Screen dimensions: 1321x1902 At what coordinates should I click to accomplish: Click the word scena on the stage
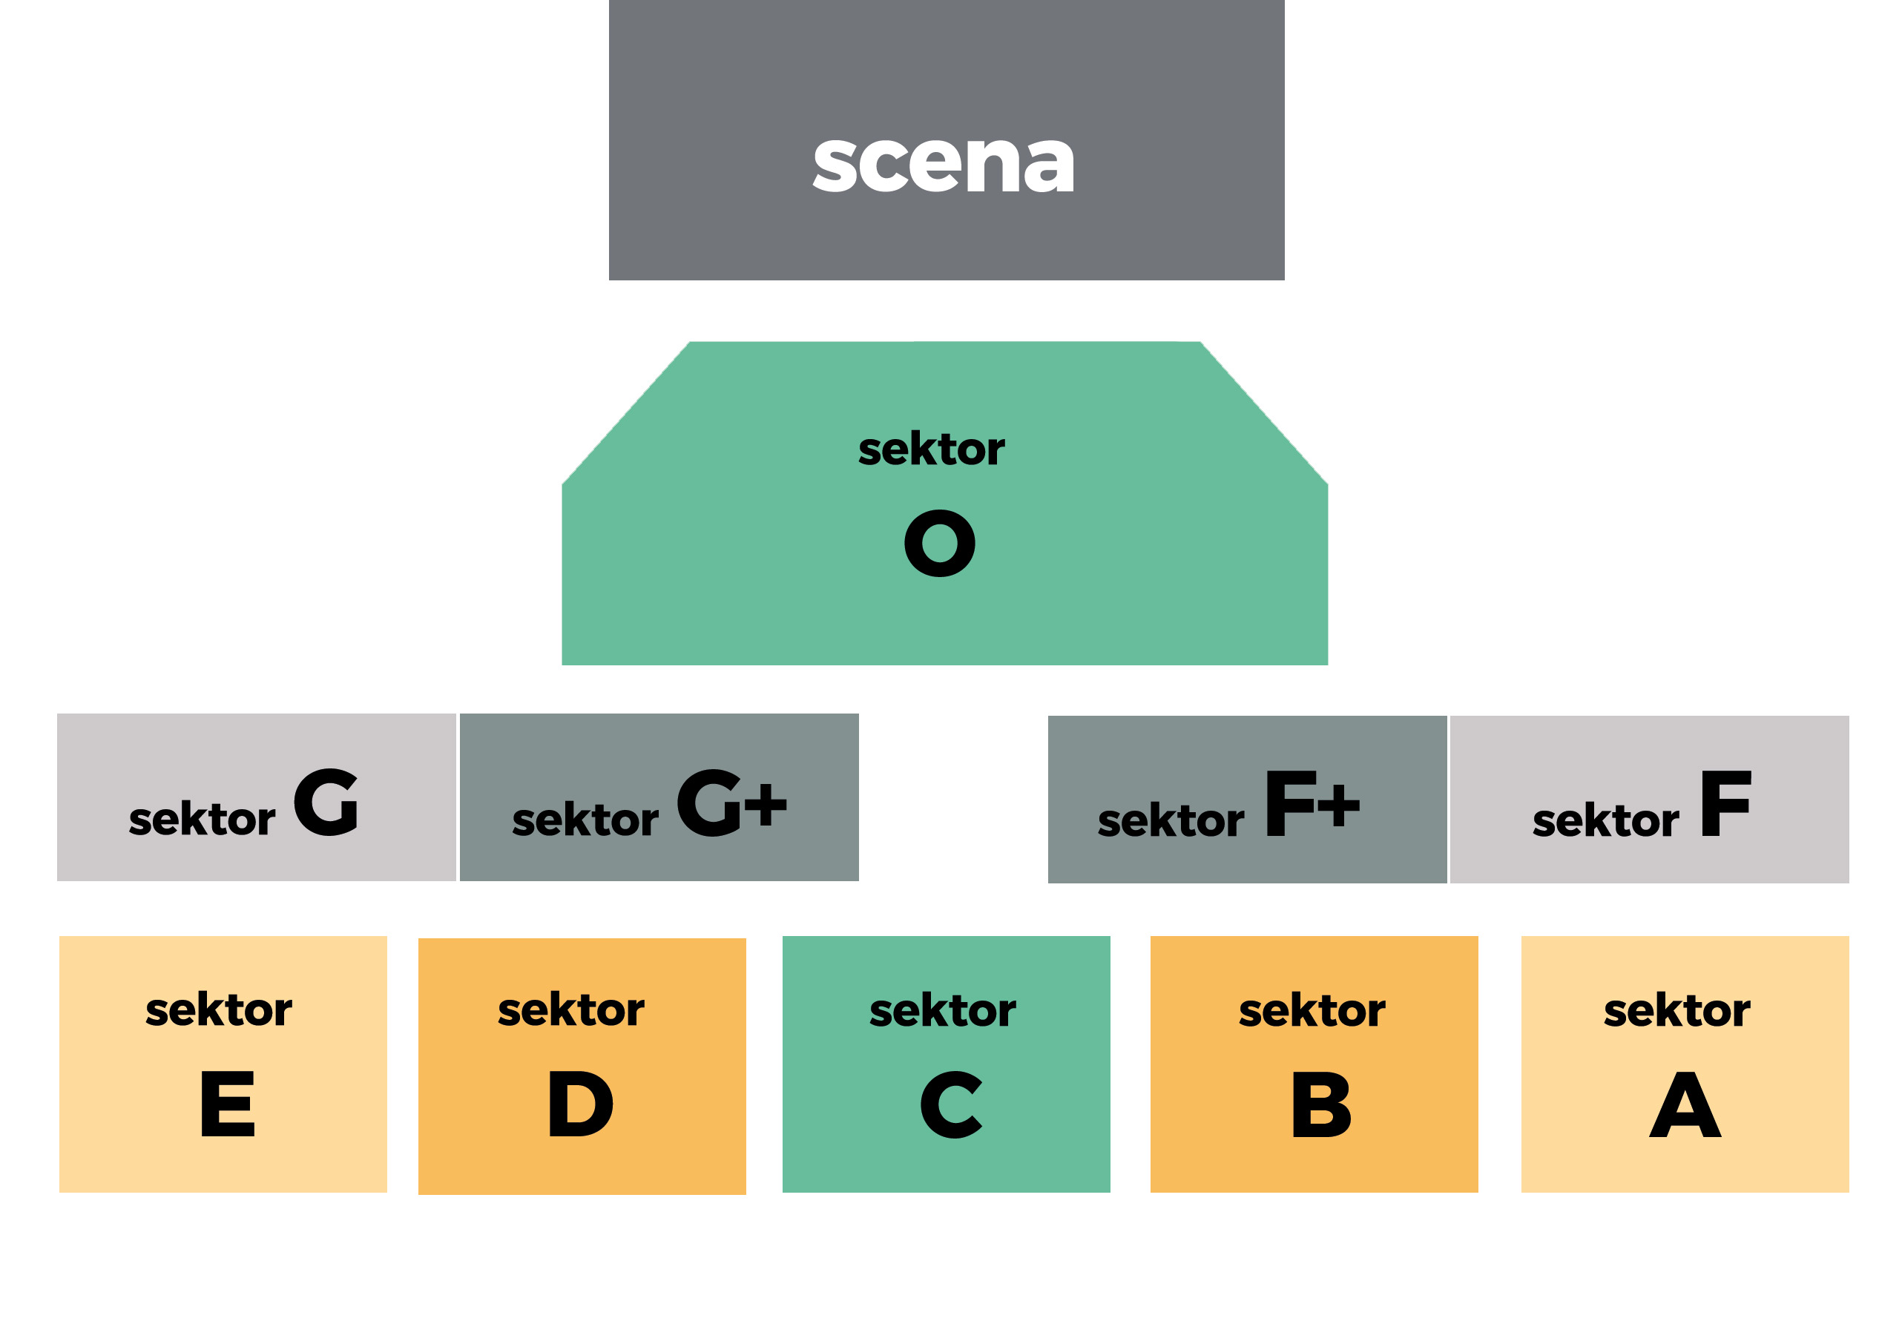tap(943, 163)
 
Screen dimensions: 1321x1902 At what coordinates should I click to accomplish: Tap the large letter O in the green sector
tap(939, 543)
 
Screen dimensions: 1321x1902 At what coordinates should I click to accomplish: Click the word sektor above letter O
tap(931, 449)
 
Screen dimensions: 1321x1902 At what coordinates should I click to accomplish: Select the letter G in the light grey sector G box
tap(326, 801)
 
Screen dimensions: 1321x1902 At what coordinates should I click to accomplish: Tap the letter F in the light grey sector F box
tap(1725, 803)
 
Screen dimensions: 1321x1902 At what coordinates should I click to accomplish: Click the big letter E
tap(228, 1104)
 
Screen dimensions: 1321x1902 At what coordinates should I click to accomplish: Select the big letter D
tap(580, 1104)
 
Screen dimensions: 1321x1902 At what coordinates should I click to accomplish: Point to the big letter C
tap(951, 1104)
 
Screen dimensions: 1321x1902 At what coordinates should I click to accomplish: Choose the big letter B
tap(1321, 1104)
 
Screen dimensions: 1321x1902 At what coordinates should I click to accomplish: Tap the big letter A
tap(1685, 1104)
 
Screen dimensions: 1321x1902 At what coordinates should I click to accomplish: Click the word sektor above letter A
tap(1677, 1011)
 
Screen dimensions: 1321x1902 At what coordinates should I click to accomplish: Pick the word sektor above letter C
tap(943, 1011)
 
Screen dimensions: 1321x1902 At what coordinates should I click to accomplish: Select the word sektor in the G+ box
tap(585, 820)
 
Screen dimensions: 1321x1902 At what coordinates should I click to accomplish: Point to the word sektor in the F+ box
tap(1171, 821)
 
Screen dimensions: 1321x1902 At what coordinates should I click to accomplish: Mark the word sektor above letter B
tap(1312, 1011)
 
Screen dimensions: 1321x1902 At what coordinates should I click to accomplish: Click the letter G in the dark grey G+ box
tap(709, 802)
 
